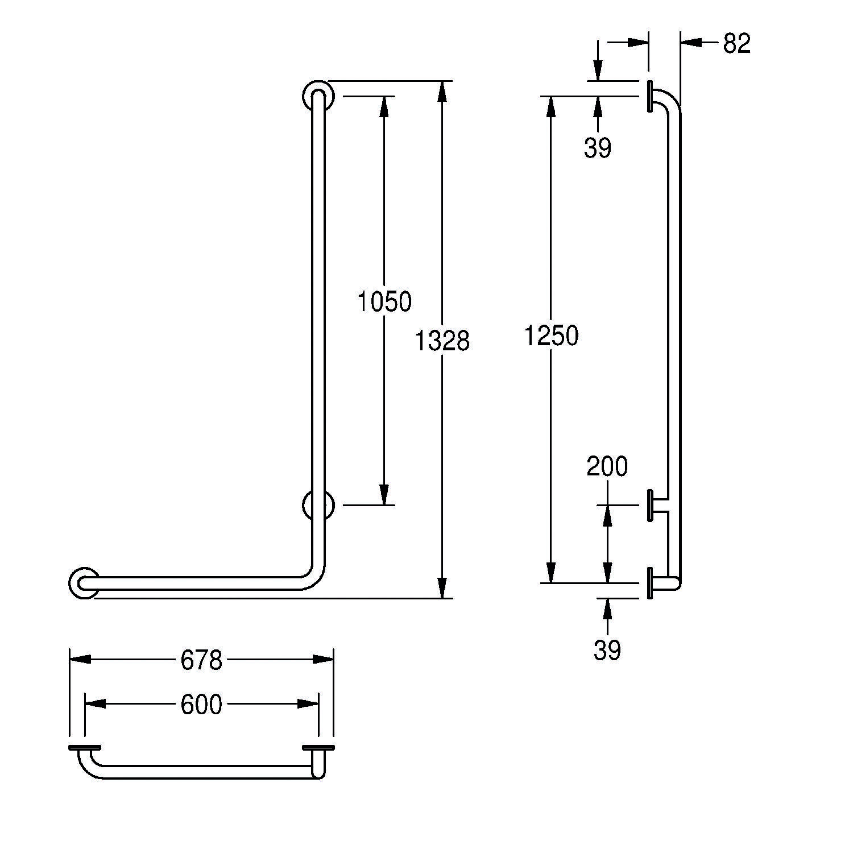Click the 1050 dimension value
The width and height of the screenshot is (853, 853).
tap(384, 302)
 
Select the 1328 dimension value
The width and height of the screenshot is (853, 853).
tap(442, 341)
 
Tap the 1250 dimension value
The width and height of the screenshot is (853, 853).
tap(551, 336)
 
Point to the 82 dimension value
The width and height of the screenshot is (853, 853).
tap(737, 44)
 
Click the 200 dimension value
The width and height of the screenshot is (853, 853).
tap(607, 466)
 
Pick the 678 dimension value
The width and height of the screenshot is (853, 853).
tap(201, 660)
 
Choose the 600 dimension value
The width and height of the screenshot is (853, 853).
tap(201, 705)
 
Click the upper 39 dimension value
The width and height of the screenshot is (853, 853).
tap(598, 148)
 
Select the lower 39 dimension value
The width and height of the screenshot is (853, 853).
tap(607, 651)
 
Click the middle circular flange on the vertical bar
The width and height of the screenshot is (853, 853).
tap(318, 505)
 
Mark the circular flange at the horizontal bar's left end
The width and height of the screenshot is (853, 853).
tap(84, 583)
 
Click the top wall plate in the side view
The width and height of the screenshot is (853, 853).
tap(649, 96)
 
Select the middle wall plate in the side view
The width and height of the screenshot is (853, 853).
tap(649, 505)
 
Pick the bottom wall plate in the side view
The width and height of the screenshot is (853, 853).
tap(649, 583)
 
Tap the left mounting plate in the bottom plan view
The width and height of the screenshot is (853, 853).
tap(85, 747)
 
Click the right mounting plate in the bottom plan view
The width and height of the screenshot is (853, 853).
tap(319, 747)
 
